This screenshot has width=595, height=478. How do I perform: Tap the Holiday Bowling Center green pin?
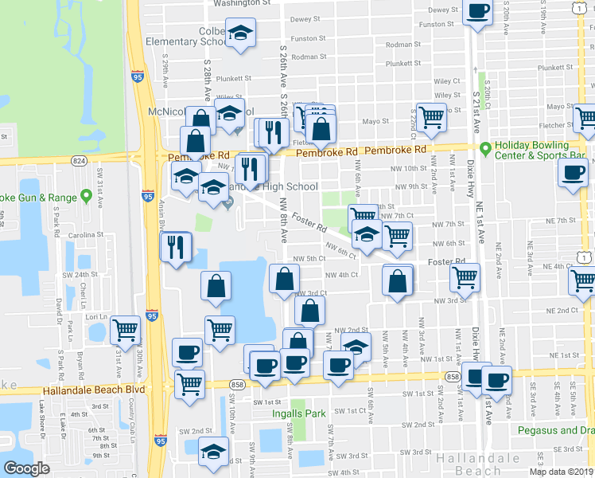(x=484, y=147)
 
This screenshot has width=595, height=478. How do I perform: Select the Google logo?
(x=26, y=468)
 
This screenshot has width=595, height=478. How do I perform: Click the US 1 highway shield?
(x=585, y=255)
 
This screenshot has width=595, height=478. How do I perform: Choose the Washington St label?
(x=242, y=3)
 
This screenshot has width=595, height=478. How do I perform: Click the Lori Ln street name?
(x=96, y=316)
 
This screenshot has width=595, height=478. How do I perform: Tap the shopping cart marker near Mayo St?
(x=431, y=116)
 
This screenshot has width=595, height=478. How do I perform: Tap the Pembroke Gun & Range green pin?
(x=87, y=197)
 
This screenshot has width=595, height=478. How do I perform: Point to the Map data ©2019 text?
(x=561, y=472)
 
